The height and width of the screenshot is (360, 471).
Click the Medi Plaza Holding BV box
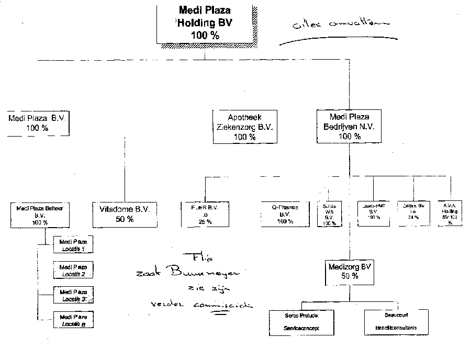(x=205, y=24)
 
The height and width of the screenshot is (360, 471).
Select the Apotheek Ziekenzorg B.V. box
(x=245, y=127)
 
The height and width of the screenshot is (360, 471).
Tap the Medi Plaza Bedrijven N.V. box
(x=350, y=127)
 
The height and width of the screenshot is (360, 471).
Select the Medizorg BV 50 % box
(x=350, y=271)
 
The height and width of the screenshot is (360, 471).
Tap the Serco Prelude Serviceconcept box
(x=301, y=322)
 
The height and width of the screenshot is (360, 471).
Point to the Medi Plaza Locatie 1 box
(x=73, y=245)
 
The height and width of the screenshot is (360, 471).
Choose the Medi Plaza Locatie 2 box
(x=73, y=270)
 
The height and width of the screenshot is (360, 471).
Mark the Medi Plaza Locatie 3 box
(x=73, y=295)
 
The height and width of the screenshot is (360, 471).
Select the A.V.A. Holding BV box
(x=452, y=213)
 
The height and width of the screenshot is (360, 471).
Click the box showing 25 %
(x=205, y=213)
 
